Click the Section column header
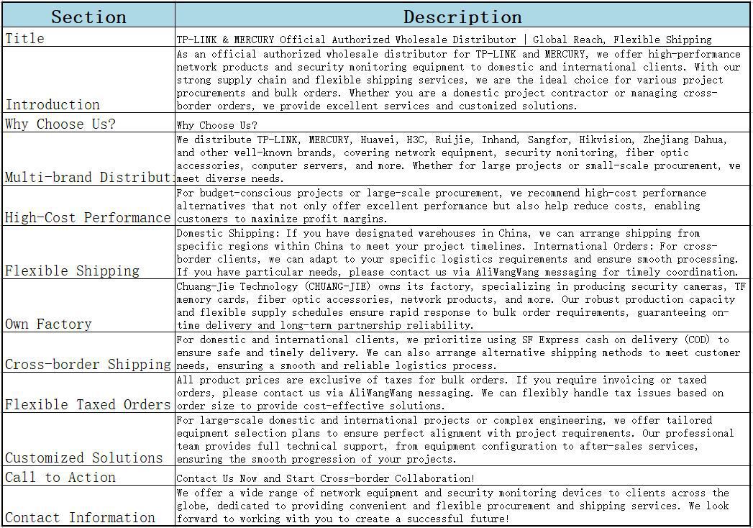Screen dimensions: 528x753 tap(88, 17)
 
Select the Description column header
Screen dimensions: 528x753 tap(462, 17)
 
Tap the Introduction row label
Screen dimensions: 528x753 tap(53, 104)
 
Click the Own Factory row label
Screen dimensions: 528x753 tap(48, 324)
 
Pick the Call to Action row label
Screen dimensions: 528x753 tap(60, 477)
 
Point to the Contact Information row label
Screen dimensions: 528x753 tap(80, 517)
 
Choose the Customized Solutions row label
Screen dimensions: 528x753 tap(84, 458)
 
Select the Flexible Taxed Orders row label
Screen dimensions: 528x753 tap(88, 404)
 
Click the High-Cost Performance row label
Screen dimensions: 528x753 tap(88, 217)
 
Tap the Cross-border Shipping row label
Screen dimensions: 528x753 tap(88, 364)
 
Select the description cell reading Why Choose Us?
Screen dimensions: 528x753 tap(216, 125)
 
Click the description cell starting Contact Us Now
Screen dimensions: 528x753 tap(325, 478)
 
